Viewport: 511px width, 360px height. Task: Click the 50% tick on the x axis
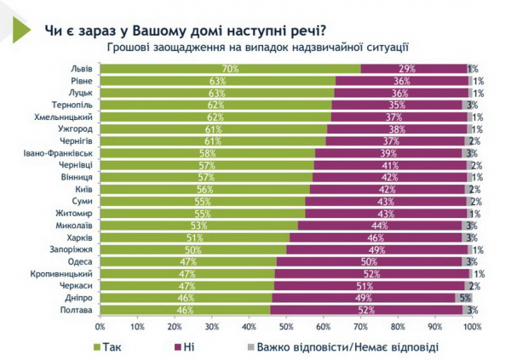coord(286,326)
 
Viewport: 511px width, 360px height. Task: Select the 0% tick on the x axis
coord(100,326)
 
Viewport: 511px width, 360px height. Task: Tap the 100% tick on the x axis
coord(471,326)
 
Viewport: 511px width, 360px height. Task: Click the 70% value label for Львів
coord(228,68)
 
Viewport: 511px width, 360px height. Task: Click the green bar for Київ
coord(204,190)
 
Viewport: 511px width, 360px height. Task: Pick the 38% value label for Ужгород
coord(398,129)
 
